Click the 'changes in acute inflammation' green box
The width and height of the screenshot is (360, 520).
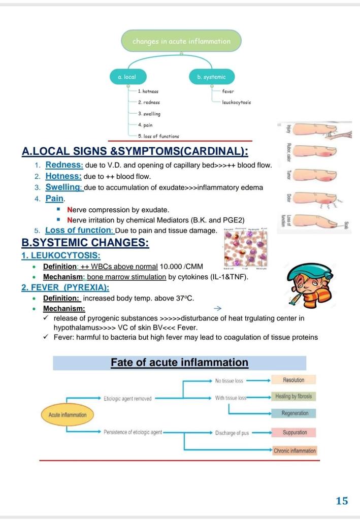click(x=181, y=42)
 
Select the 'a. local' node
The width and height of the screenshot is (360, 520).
click(x=126, y=77)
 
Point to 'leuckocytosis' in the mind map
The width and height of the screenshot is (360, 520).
click(x=236, y=103)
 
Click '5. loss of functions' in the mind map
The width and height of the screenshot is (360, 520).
click(x=158, y=136)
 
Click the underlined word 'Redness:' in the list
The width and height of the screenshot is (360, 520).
click(x=63, y=165)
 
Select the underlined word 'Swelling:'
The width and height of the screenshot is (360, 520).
click(x=64, y=187)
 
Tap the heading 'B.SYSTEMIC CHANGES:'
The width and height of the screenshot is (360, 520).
click(x=85, y=243)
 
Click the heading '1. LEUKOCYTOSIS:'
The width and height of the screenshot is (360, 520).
click(x=60, y=255)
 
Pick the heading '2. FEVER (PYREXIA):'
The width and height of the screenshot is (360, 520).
click(x=65, y=287)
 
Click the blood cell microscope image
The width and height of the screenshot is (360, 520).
click(x=246, y=249)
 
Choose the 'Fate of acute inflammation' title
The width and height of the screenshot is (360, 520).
click(x=179, y=363)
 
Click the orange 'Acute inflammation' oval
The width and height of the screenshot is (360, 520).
click(x=68, y=415)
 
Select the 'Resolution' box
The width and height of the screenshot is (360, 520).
click(x=293, y=380)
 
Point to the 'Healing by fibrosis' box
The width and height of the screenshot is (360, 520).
click(x=293, y=397)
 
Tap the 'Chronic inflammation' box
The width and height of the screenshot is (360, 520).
click(x=294, y=450)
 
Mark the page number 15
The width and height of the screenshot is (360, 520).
click(x=342, y=501)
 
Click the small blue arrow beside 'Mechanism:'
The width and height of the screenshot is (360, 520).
click(x=218, y=308)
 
